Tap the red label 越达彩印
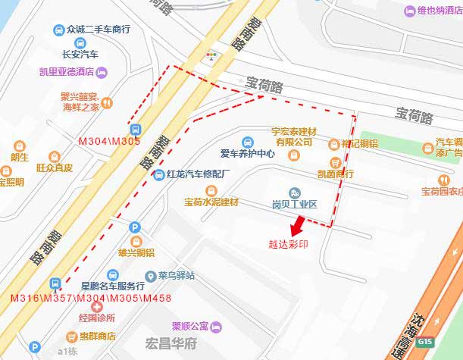point(288,245)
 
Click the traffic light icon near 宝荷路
point(211,55)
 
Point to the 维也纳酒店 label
point(439,11)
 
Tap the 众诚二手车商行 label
point(98,30)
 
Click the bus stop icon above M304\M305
point(135,129)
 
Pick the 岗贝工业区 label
point(294,205)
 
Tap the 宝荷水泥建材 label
point(211,202)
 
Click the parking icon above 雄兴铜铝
point(135,227)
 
